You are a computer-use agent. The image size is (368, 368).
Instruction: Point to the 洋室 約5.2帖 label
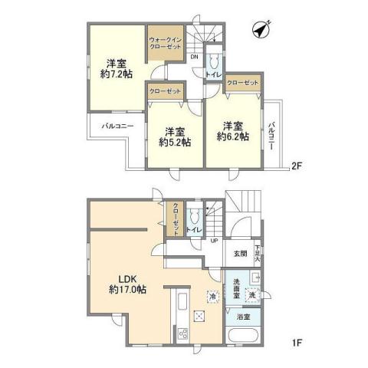tap(176, 136)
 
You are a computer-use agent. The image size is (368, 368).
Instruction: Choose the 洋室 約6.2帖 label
tap(232, 131)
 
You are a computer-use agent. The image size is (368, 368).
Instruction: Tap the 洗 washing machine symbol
tap(253, 294)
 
